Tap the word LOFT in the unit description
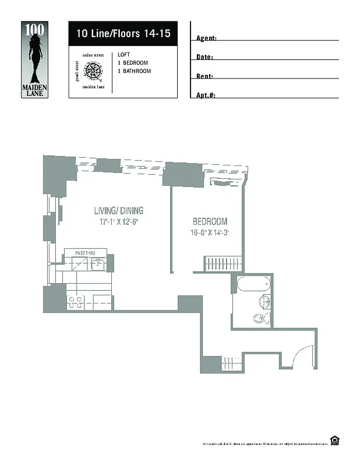[123, 54]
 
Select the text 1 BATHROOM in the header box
[134, 71]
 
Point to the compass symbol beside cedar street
[93, 72]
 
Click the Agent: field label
[206, 38]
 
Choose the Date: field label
[204, 58]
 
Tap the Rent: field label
[204, 76]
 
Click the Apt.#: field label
[206, 95]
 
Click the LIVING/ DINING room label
[119, 211]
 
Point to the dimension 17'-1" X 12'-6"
[118, 222]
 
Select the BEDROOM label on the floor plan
[210, 222]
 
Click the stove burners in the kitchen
[75, 302]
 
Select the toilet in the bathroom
[260, 318]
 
